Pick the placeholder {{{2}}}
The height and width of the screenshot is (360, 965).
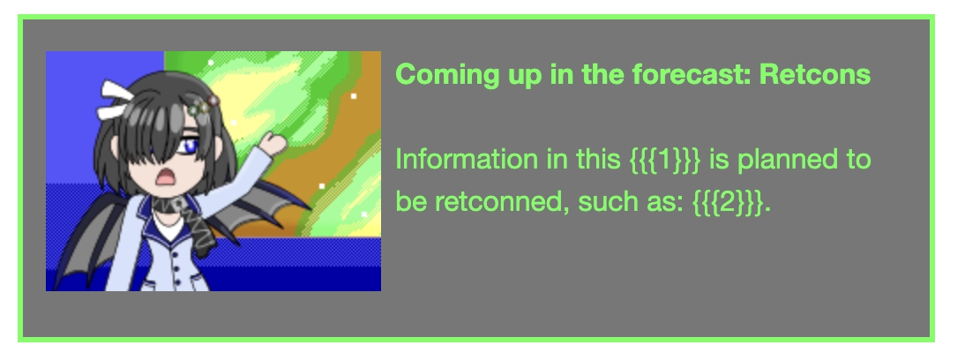click(x=728, y=202)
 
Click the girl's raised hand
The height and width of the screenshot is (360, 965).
click(x=275, y=141)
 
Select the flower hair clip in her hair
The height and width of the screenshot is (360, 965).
click(x=203, y=107)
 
